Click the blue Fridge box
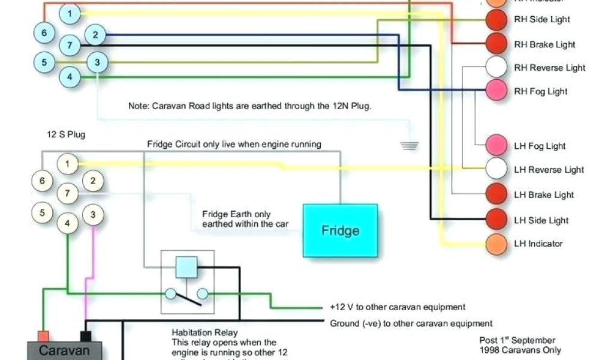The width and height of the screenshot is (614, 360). tap(340, 230)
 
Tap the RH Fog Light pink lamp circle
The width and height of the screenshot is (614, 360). tap(496, 91)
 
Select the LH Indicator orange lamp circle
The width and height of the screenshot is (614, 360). tap(496, 244)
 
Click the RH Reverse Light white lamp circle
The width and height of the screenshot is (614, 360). tap(496, 67)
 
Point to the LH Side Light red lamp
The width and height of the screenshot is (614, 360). tap(496, 220)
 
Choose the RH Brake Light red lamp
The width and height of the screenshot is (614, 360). tap(496, 43)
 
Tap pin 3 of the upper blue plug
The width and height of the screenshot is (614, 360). tap(98, 61)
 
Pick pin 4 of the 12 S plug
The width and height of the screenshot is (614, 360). tap(68, 223)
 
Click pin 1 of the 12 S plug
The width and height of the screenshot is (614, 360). tap(68, 163)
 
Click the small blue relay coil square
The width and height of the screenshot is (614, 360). tap(186, 266)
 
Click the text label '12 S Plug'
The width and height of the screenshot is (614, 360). tap(67, 134)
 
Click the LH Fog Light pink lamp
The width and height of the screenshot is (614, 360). tap(496, 145)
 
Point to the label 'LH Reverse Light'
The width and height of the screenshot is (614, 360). tap(549, 170)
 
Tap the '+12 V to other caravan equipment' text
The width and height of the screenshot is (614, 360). tap(398, 307)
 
